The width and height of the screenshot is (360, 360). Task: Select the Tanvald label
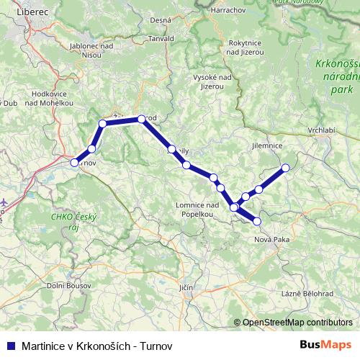pyautogui.click(x=162, y=38)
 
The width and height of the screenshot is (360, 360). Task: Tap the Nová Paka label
pyautogui.click(x=272, y=239)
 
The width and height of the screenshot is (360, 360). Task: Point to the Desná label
pyautogui.click(x=161, y=21)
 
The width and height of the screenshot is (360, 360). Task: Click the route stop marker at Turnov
pyautogui.click(x=73, y=163)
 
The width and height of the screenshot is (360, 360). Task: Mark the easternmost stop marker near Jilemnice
pyautogui.click(x=285, y=168)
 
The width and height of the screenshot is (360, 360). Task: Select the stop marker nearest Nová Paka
pyautogui.click(x=257, y=221)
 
